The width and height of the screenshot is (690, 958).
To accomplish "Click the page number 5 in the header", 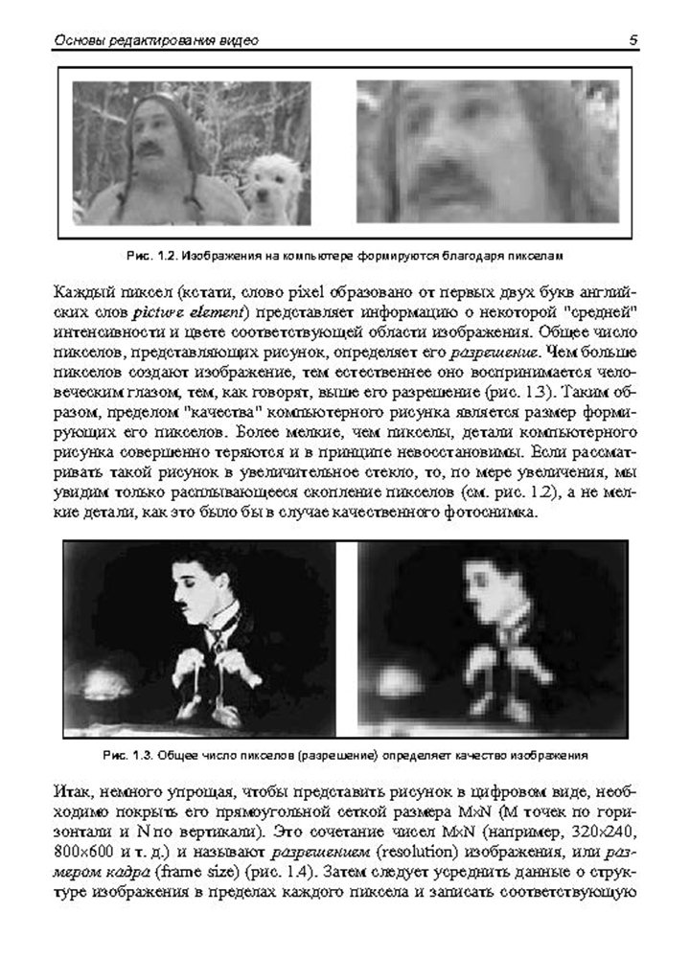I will [634, 40].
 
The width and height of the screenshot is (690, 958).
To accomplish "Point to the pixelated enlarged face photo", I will [487, 150].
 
